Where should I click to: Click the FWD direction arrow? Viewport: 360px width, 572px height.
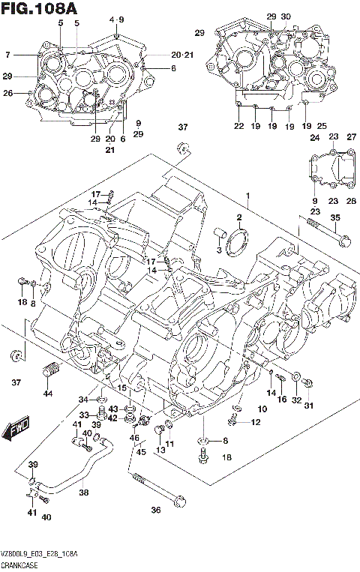click(x=16, y=430)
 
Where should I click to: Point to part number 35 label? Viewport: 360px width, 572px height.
click(x=335, y=217)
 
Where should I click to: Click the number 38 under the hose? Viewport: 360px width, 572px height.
click(x=83, y=493)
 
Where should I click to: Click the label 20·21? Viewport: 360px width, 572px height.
click(x=181, y=55)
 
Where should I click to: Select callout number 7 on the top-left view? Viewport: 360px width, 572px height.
click(x=7, y=55)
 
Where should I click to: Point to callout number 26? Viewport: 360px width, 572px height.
click(x=8, y=93)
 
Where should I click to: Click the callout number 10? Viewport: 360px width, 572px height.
click(x=262, y=409)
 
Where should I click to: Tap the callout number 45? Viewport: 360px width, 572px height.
click(x=140, y=451)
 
